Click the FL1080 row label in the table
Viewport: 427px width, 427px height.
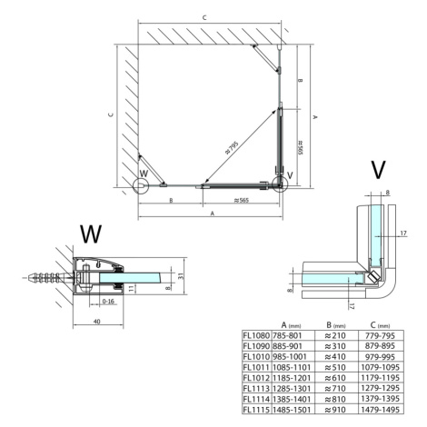point(256,335)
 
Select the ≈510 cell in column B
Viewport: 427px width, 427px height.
point(335,367)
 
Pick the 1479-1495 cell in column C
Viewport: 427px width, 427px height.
point(381,410)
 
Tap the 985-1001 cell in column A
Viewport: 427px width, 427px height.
point(290,357)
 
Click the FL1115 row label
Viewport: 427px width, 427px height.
point(256,410)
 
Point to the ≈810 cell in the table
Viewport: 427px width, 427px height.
point(335,399)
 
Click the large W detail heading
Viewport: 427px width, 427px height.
point(91,234)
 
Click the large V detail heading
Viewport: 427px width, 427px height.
point(378,170)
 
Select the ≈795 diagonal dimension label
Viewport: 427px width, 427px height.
point(232,147)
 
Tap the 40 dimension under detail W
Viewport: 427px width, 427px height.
point(97,322)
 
